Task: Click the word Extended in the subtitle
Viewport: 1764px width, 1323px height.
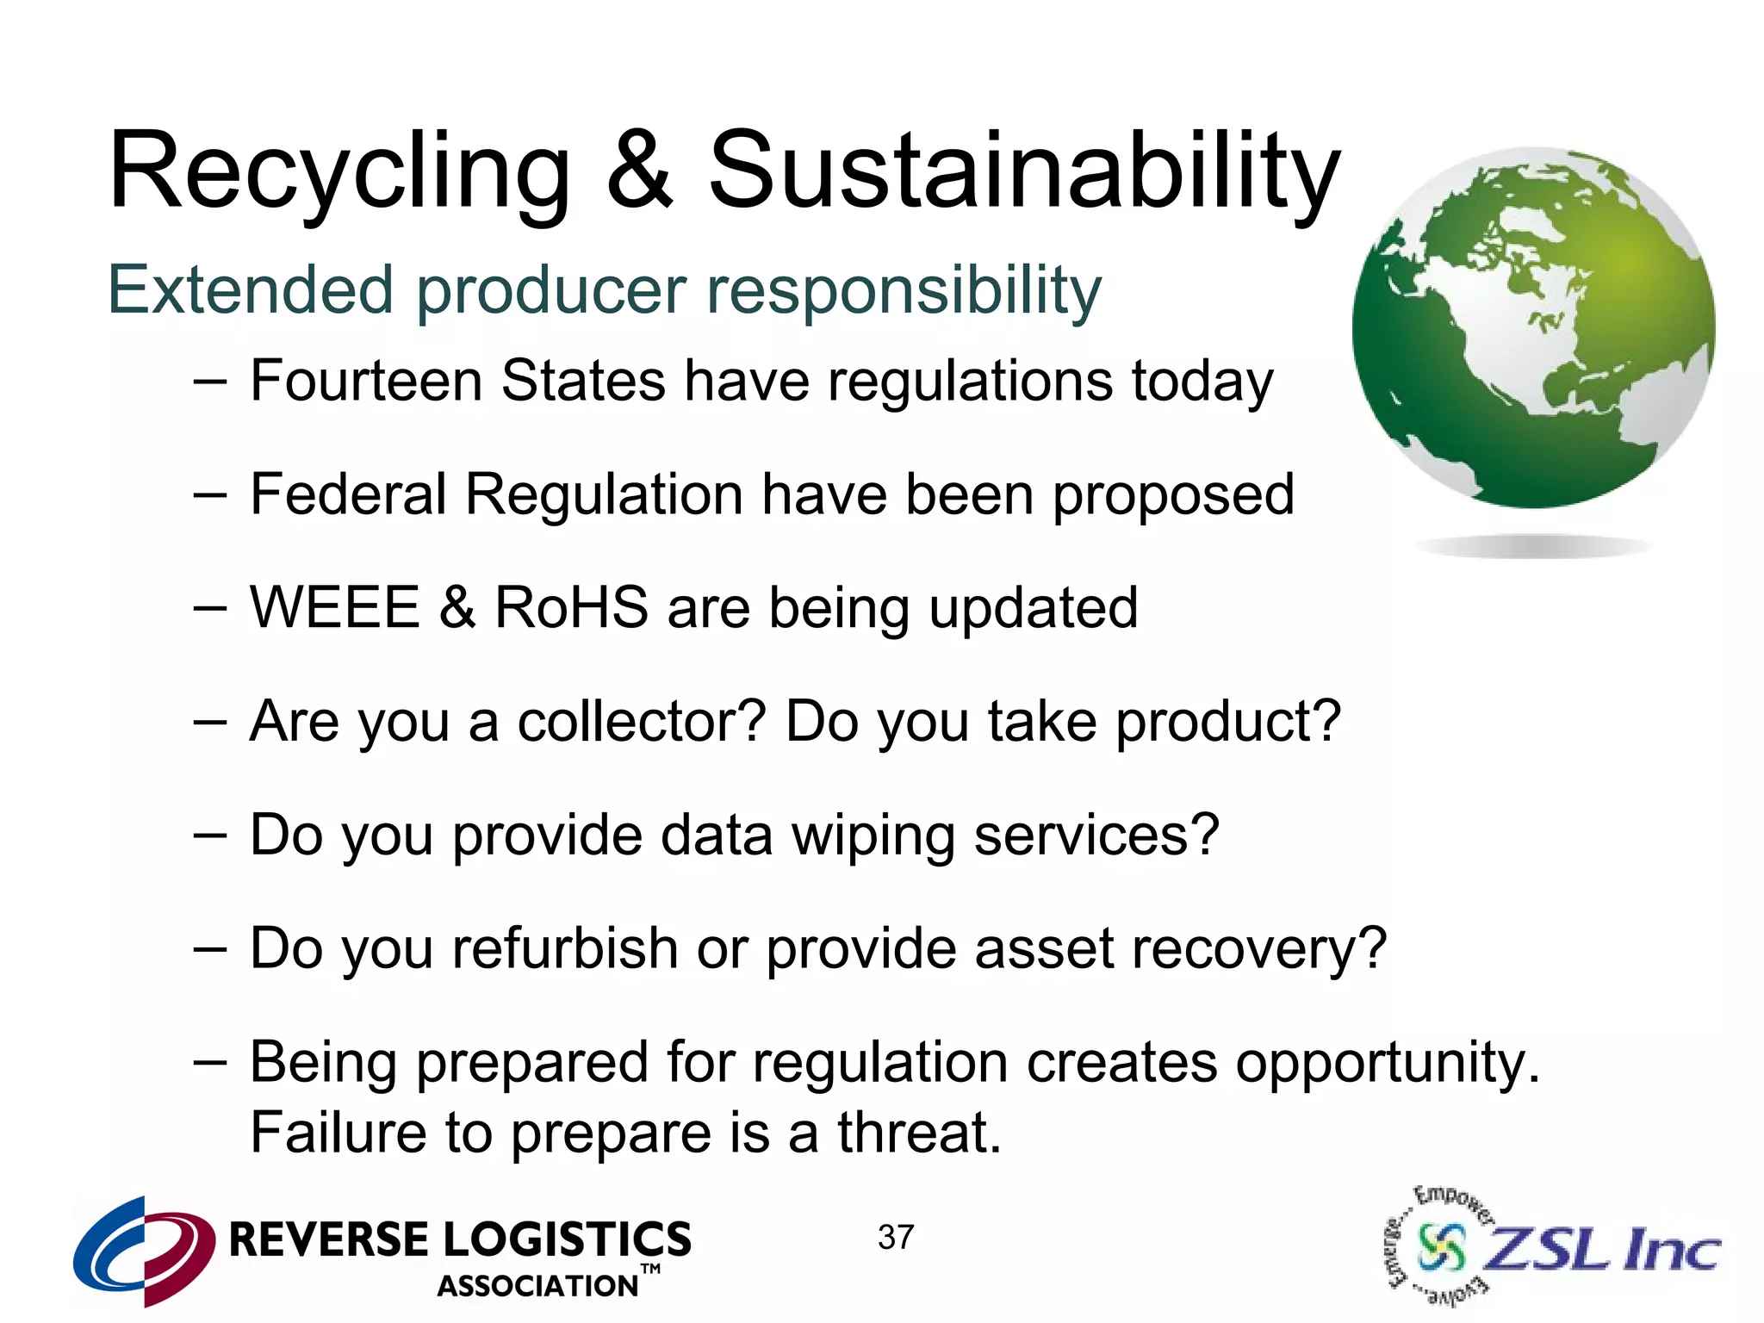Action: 251,290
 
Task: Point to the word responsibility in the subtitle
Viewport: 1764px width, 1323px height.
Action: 904,291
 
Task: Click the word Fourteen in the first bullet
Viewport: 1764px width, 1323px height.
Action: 365,381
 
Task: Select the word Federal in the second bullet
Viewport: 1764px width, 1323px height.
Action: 348,494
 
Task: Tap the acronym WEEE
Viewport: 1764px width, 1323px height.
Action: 334,607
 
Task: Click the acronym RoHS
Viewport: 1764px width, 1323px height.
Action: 571,607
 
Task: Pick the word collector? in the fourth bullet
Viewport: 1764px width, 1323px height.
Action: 641,722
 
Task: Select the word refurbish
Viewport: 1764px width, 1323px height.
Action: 564,948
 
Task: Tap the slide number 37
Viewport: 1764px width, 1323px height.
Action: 896,1238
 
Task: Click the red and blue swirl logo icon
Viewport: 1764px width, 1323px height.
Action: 144,1250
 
